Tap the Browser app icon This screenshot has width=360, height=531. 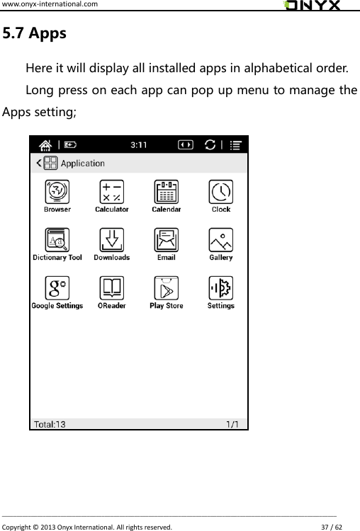tap(57, 192)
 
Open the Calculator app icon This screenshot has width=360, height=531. tap(111, 192)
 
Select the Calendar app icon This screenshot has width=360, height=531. tap(166, 192)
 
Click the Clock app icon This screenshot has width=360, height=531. tap(220, 192)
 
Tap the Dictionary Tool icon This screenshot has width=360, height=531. tap(57, 240)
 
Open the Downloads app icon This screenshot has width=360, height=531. tap(111, 240)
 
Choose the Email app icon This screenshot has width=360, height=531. tap(166, 240)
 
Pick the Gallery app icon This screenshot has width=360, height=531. tap(220, 240)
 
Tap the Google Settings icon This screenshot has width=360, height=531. tap(57, 288)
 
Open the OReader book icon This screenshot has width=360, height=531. tap(111, 288)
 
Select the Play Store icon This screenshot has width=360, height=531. tap(166, 288)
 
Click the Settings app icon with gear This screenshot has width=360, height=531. tap(220, 288)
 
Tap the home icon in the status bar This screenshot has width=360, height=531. tap(46, 144)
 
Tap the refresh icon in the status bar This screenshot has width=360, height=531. tap(210, 144)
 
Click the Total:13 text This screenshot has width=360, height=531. tap(50, 424)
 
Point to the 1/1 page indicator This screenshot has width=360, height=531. tap(232, 424)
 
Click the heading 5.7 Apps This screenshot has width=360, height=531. tap(35, 33)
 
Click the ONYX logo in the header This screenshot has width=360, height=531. tap(312, 6)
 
